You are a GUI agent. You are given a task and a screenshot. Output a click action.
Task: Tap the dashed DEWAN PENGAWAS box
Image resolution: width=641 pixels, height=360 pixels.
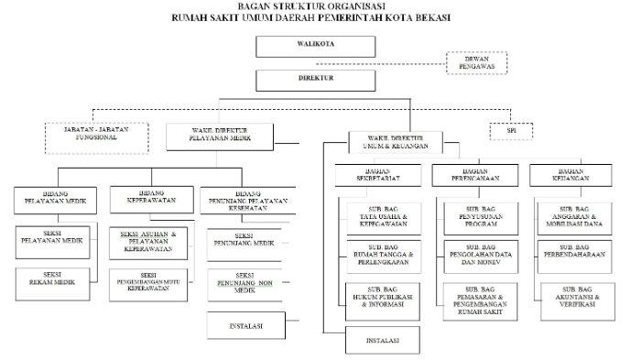click(x=476, y=61)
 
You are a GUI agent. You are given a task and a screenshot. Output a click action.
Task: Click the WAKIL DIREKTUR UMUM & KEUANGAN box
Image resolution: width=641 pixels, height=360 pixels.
click(x=394, y=141)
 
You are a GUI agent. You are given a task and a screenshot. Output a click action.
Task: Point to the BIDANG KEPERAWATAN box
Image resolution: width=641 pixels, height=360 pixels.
click(x=148, y=199)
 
